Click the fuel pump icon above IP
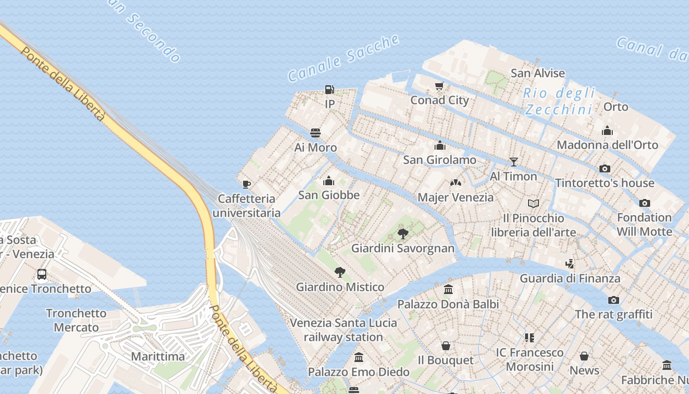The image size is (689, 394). pos(329,90)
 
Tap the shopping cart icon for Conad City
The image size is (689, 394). pos(439,86)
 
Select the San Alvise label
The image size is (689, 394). pos(537,73)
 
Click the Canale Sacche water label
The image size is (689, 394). pos(343,58)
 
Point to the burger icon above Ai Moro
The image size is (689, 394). pos(315,133)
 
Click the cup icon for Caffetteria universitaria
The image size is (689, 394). pos(247,184)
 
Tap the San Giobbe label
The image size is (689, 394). pos(329,195)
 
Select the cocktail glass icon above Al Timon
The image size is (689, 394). pos(514,162)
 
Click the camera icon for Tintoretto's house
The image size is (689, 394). pos(605,168)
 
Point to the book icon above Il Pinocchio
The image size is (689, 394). pos(533,203)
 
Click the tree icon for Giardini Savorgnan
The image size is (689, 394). pos(403,233)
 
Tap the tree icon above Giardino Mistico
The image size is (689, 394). pos(340,272)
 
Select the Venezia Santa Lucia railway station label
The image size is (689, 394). pos(343,330)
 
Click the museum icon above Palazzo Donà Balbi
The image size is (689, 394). pos(448,290)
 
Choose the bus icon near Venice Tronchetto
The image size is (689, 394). pos(42,274)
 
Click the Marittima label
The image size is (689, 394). pos(158,357)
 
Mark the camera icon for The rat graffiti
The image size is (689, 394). pos(613,300)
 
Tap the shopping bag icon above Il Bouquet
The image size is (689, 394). pos(446,346)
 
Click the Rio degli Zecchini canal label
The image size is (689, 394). pos(559,101)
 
